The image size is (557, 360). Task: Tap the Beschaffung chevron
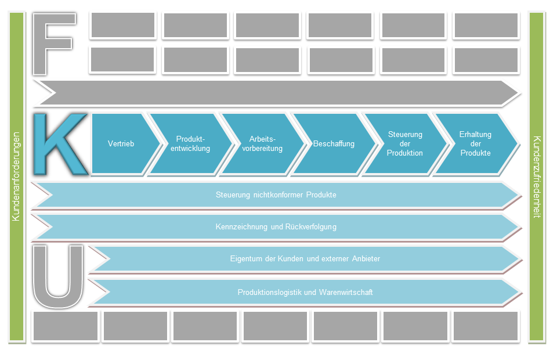(334, 143)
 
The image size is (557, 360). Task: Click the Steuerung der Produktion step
(405, 143)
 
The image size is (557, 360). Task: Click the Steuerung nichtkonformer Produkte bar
(276, 195)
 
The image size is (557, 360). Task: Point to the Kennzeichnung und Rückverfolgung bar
(276, 226)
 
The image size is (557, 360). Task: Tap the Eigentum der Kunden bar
(305, 258)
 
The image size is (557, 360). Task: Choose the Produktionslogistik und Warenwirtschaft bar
(305, 292)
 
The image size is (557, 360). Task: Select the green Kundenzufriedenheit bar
(537, 177)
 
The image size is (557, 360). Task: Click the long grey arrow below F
(276, 92)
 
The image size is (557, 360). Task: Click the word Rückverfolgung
(310, 226)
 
